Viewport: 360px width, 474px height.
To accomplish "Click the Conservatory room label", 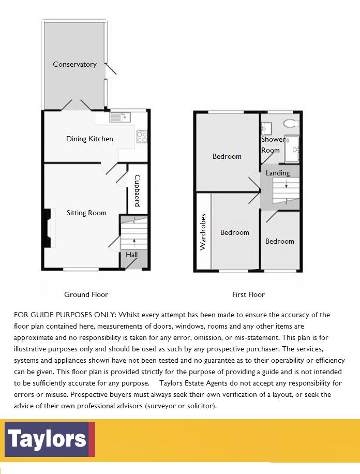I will point(74,64).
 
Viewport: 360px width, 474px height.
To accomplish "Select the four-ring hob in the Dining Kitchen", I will point(141,136).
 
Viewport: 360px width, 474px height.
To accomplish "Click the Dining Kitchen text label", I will point(89,139).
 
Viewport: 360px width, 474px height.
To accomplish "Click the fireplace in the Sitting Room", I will point(49,228).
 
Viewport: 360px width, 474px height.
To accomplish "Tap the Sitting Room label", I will point(86,213).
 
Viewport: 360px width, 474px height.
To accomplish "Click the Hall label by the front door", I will point(131,255).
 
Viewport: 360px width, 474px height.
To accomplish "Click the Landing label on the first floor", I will point(278,173).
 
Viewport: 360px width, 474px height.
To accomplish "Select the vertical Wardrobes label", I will point(203,232).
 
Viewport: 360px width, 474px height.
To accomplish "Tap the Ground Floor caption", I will point(86,294).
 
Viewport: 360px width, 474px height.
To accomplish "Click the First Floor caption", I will point(248,294).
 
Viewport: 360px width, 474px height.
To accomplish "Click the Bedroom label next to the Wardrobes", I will point(235,232).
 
